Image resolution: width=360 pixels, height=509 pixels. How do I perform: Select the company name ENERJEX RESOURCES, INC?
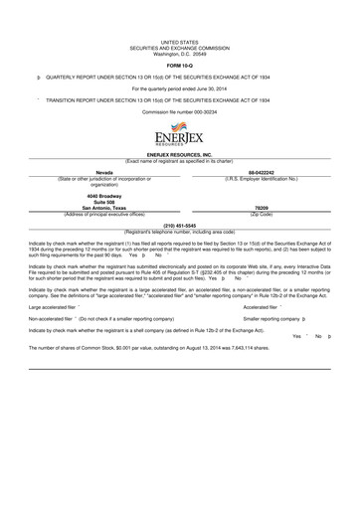click(180, 156)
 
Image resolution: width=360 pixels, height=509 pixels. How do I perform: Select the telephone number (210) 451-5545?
click(179, 225)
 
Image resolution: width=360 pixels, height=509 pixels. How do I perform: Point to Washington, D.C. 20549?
click(180, 54)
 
